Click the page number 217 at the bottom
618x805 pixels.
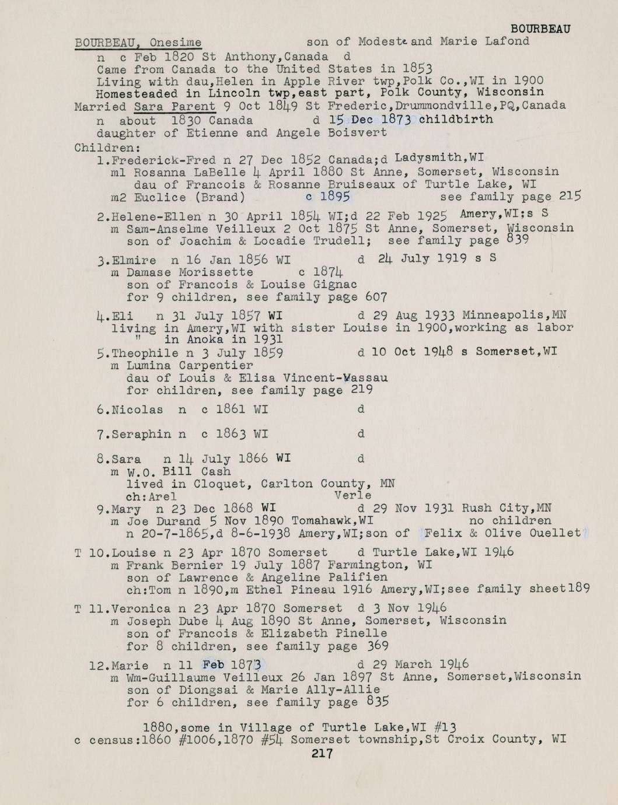[322, 754]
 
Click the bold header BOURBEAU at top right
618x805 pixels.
[540, 29]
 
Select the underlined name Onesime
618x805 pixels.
[175, 43]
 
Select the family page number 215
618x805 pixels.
[570, 196]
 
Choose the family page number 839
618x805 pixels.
[518, 240]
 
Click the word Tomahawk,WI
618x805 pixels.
[332, 520]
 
